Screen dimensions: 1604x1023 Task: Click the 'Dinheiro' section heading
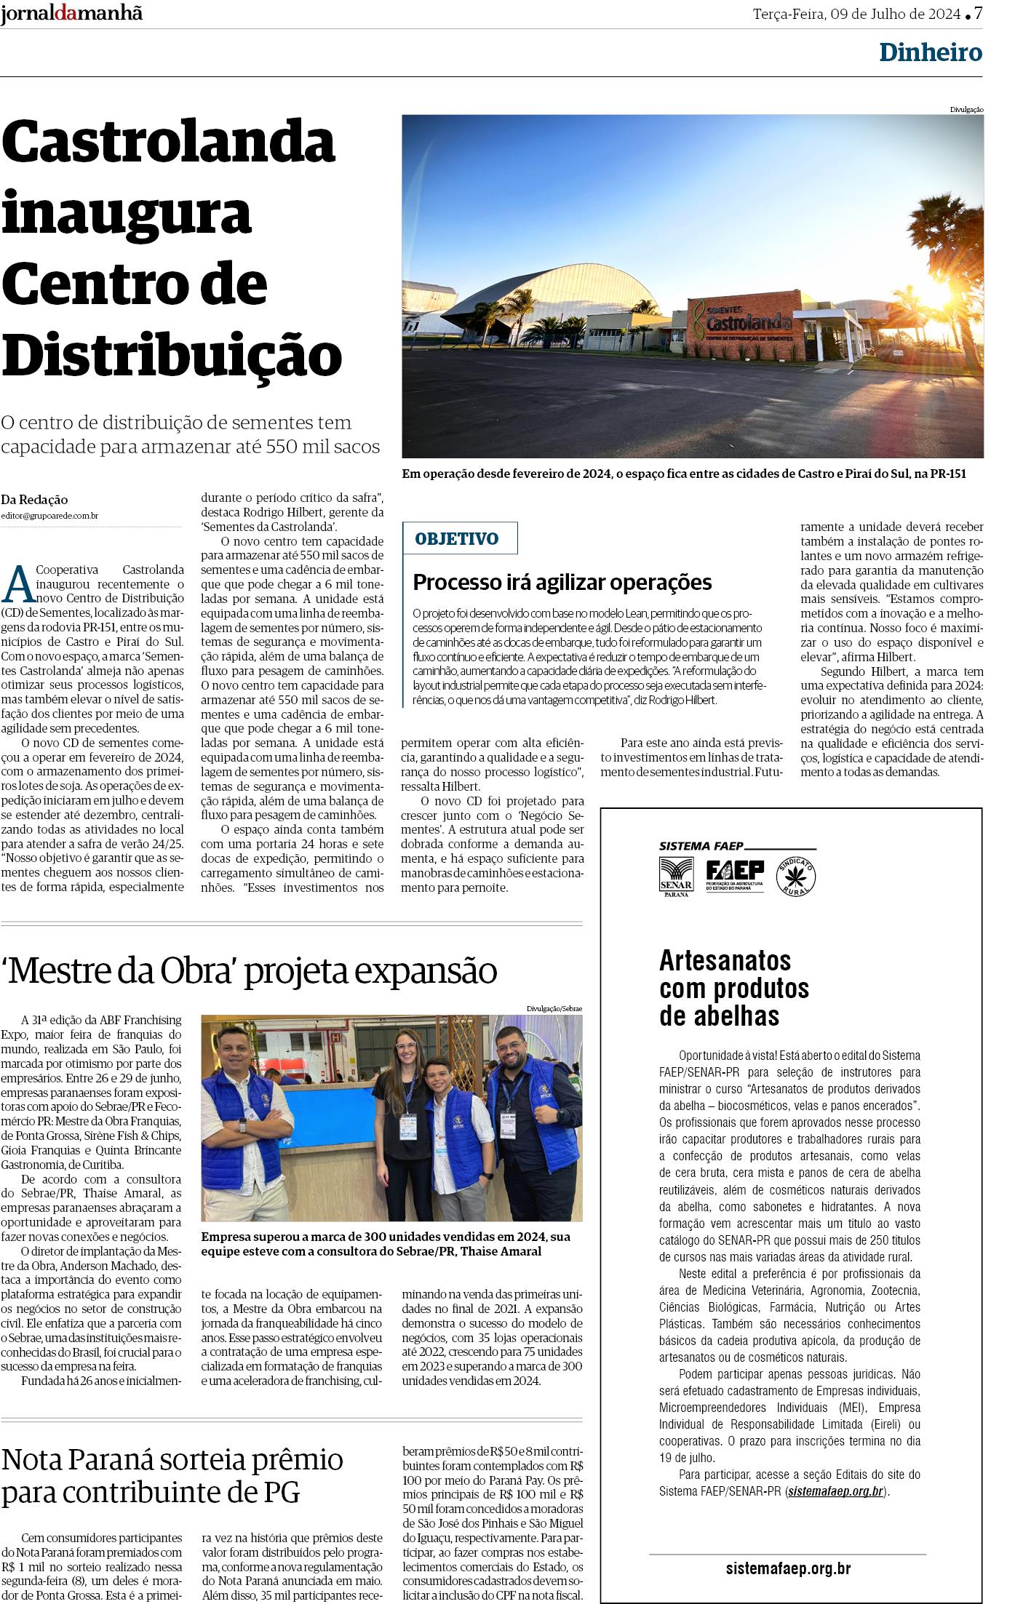point(930,52)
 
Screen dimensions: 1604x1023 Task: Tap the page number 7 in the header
point(978,14)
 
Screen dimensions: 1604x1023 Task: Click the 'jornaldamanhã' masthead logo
point(71,14)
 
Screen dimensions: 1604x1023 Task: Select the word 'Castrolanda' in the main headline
point(168,142)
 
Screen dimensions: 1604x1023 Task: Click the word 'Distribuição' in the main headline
point(172,354)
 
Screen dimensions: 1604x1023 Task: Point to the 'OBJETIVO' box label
point(457,539)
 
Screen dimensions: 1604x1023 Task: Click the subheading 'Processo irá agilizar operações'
point(562,582)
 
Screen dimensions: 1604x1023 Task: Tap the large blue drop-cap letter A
point(20,583)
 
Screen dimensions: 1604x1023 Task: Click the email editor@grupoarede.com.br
point(49,516)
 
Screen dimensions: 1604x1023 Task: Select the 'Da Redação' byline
point(34,500)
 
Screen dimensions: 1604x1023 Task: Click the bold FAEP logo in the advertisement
point(735,874)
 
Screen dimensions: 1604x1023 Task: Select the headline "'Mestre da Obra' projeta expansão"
point(250,970)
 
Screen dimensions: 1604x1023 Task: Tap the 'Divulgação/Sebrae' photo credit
point(554,1008)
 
